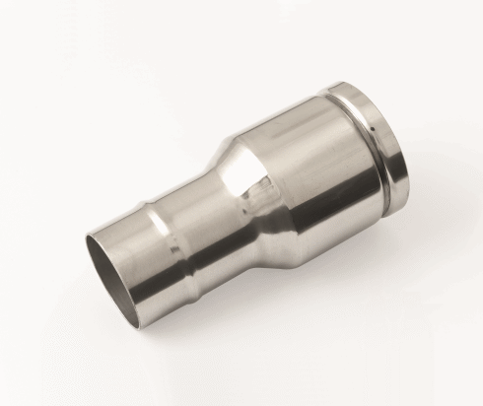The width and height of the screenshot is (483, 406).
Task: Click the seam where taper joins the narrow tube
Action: coord(212,212)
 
